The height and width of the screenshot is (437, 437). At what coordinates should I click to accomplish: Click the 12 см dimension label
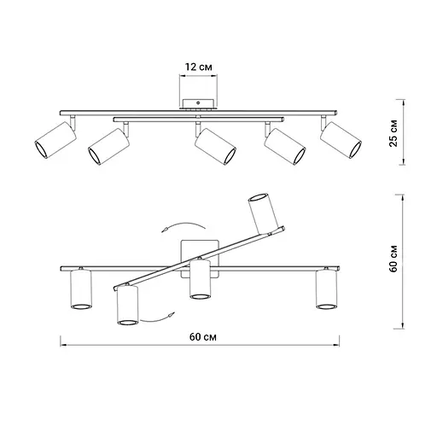pyautogui.click(x=199, y=67)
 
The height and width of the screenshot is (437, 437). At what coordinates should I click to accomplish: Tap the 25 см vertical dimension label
pyautogui.click(x=393, y=133)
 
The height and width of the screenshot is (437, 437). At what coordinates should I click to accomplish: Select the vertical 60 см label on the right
pyautogui.click(x=393, y=259)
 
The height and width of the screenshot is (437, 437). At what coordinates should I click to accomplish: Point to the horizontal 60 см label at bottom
pyautogui.click(x=203, y=337)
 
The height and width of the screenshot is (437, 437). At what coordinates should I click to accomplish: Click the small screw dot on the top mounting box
pyautogui.click(x=198, y=103)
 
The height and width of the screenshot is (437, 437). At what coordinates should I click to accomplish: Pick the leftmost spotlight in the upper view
pyautogui.click(x=55, y=140)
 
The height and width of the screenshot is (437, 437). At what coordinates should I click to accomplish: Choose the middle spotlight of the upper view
pyautogui.click(x=215, y=147)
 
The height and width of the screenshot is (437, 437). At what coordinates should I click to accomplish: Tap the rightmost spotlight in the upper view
pyautogui.click(x=341, y=140)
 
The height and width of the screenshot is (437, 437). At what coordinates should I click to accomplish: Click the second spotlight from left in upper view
pyautogui.click(x=108, y=147)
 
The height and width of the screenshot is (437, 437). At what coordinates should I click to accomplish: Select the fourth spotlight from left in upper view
pyautogui.click(x=285, y=146)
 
